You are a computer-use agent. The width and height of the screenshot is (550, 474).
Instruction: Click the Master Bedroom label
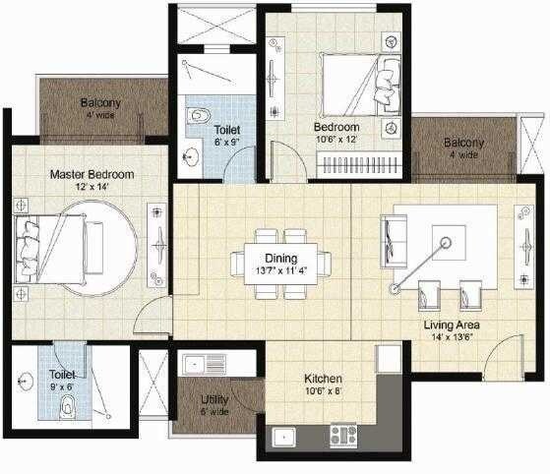tap(92, 174)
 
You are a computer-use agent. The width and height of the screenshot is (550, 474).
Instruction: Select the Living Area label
tap(451, 324)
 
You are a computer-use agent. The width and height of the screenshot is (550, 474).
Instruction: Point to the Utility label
tap(214, 400)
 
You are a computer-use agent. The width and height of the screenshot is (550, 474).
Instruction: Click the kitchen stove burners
tap(343, 434)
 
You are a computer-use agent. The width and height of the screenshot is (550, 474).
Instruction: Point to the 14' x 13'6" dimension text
tap(451, 336)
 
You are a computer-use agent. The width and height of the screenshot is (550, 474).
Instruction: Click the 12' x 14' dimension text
tap(92, 187)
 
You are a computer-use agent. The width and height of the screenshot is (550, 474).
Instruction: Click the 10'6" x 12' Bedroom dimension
tap(337, 141)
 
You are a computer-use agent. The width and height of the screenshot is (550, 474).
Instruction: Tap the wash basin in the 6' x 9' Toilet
tap(189, 154)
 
